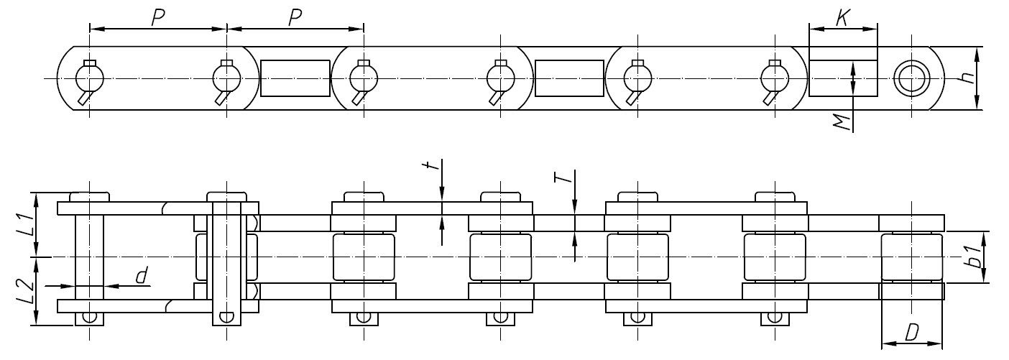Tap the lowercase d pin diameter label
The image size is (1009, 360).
pos(142,274)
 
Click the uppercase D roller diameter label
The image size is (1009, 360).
pos(911,333)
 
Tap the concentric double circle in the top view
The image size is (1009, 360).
pos(911,78)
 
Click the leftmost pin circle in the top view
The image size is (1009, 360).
pos(89,78)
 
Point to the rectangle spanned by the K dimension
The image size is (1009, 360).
pos(844,78)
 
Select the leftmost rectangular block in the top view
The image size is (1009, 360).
pos(295,78)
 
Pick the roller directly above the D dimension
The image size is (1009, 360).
pos(911,257)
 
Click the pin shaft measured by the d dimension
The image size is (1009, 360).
pos(89,257)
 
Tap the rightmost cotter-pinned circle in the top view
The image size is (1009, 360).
pos(773,78)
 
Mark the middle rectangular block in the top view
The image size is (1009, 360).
pos(569,78)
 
